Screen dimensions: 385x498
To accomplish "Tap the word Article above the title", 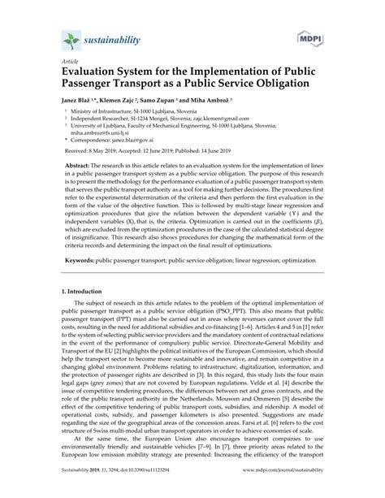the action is (x=59, y=61).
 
